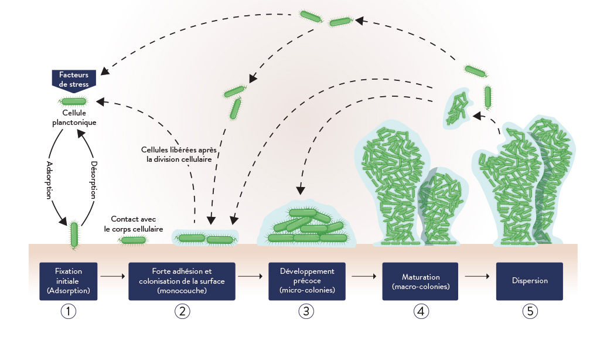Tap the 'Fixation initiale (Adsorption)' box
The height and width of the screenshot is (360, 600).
point(69,281)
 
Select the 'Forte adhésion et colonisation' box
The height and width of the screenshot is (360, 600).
point(182,281)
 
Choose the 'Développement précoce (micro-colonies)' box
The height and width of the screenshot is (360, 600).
point(306,281)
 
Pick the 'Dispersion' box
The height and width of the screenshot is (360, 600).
point(529,281)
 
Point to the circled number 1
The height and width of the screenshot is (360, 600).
point(69,311)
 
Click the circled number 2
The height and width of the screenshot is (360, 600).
point(182,311)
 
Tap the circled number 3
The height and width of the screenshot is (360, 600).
point(306,311)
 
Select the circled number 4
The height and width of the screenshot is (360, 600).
point(420,311)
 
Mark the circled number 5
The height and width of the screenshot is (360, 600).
point(530,311)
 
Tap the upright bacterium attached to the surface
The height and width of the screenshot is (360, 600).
point(74,234)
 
